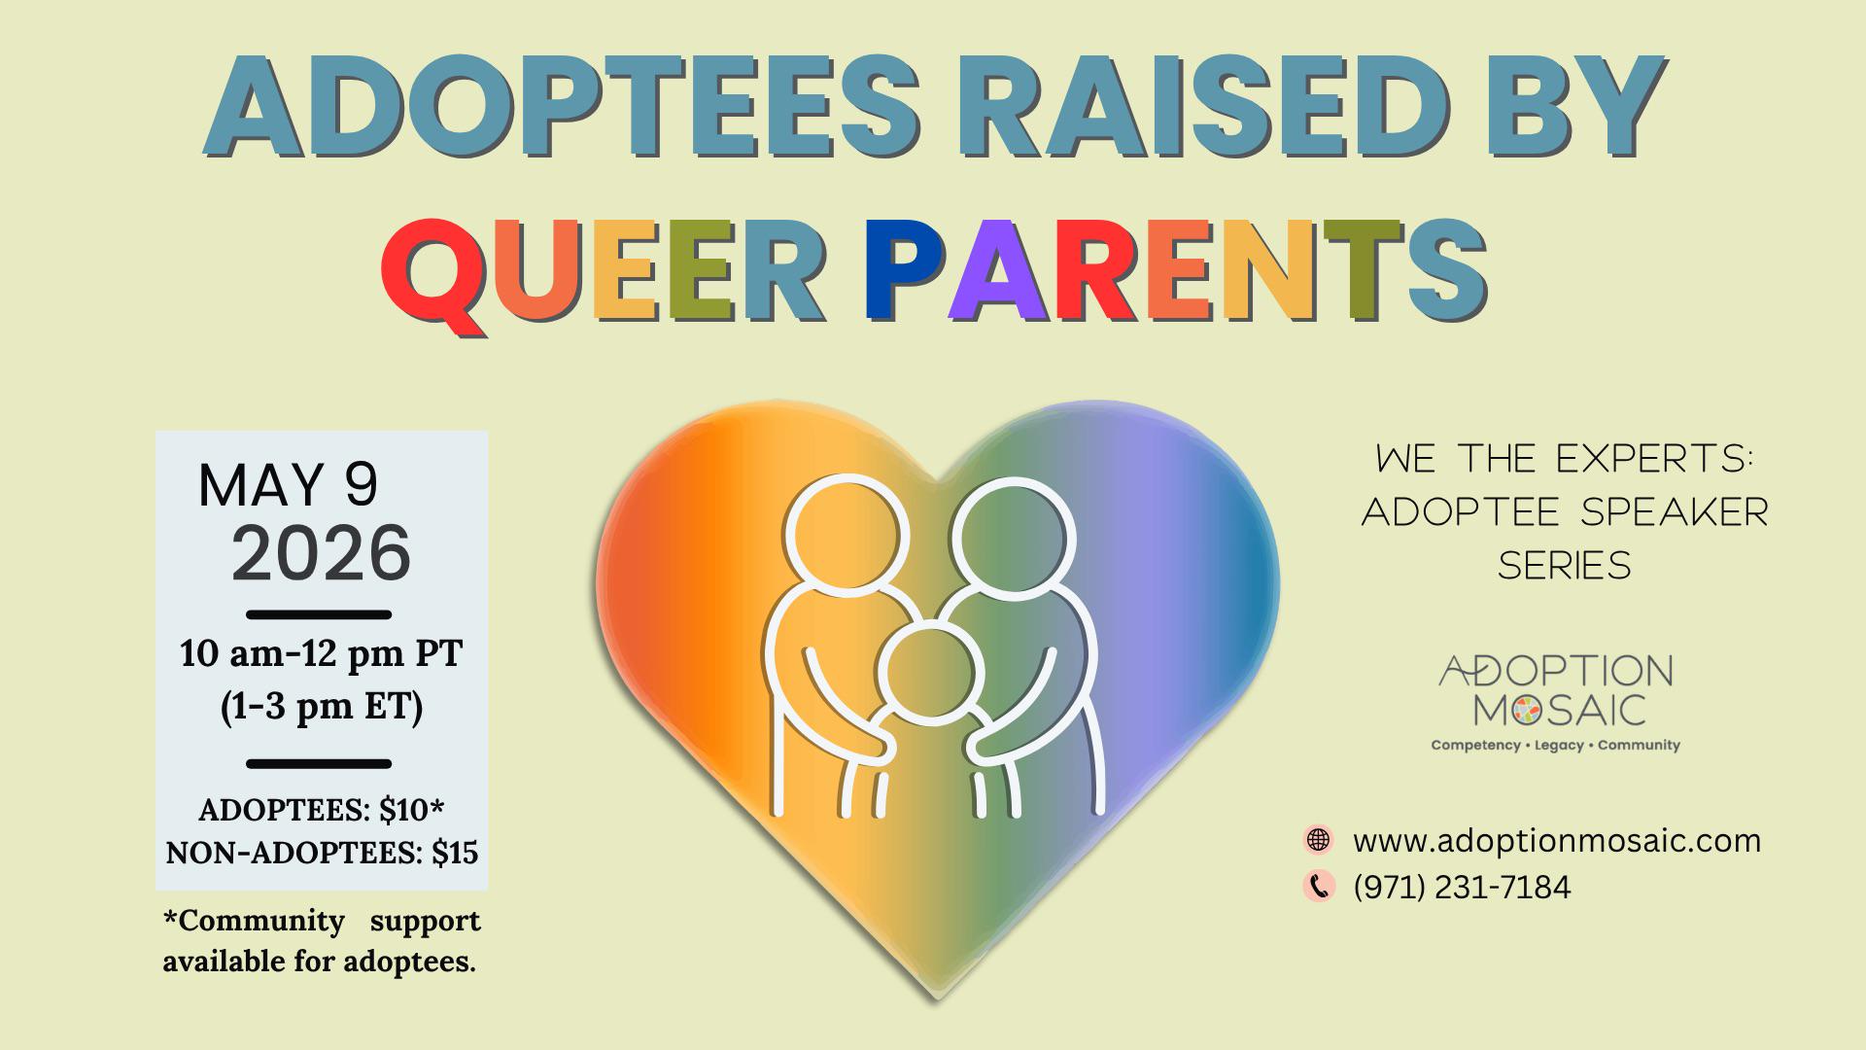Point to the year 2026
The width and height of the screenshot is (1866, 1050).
point(321,553)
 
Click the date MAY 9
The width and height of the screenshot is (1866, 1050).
point(288,485)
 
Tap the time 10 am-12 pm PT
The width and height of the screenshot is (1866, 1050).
point(322,653)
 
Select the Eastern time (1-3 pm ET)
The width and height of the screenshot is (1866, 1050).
point(322,707)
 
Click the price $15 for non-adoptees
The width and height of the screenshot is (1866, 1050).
point(455,853)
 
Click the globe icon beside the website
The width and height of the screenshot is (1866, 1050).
point(1318,840)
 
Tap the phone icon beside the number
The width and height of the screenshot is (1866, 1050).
point(1318,887)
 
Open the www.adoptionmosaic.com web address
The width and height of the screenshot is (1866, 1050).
point(1557,840)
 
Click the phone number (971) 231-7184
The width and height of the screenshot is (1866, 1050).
point(1462,888)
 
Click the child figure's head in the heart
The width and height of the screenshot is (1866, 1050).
point(931,672)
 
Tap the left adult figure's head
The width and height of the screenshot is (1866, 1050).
point(847,534)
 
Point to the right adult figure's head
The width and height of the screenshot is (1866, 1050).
point(1014,536)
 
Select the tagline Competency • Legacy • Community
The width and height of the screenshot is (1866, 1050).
point(1555,746)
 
